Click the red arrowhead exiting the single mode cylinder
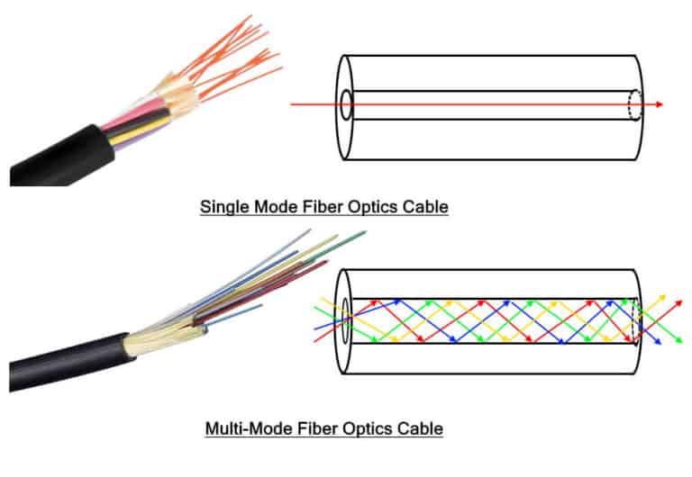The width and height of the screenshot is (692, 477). tap(660, 104)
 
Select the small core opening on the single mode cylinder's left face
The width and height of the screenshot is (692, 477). tap(346, 104)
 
